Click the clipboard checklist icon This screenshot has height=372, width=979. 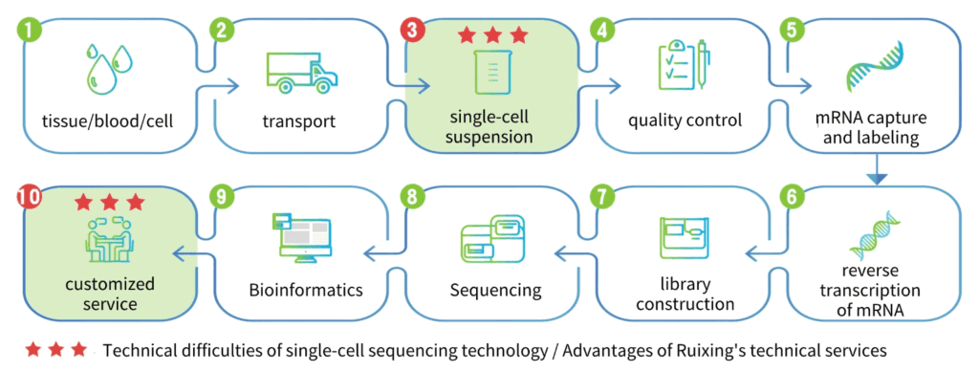[x=685, y=66]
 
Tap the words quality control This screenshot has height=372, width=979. [x=685, y=120]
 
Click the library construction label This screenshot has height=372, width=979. [x=685, y=295]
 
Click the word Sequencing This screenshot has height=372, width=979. [x=496, y=290]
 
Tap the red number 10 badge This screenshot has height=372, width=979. [x=29, y=197]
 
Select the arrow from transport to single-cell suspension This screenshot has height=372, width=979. [x=408, y=85]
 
